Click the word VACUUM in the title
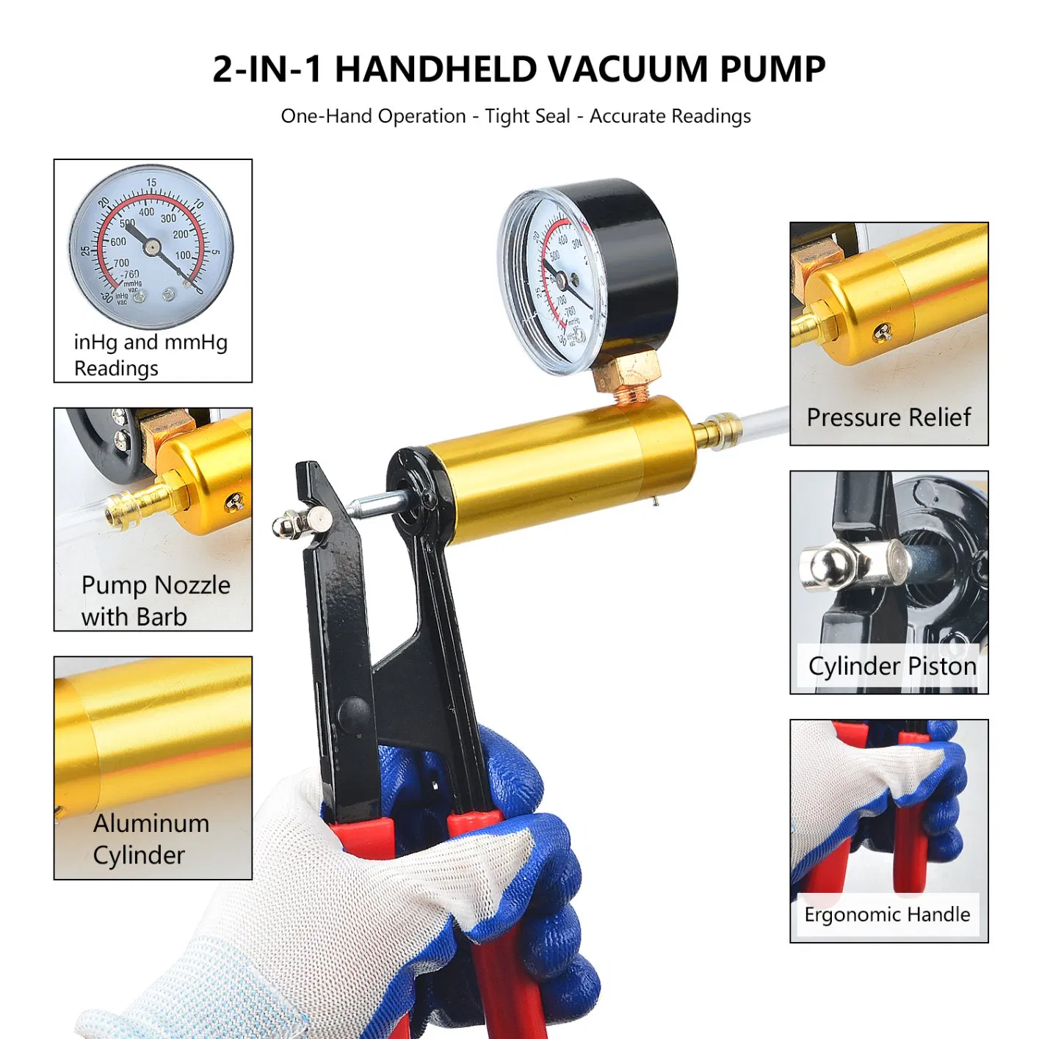coord(626,70)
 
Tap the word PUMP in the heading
coord(772,70)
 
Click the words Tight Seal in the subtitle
coord(527,116)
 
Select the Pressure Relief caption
coord(888,417)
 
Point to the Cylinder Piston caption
coord(892,666)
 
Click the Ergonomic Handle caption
coord(887,914)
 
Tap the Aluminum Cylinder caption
coord(151,839)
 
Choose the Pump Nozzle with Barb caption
coord(156,601)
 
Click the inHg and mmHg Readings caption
coord(151,355)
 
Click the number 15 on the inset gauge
coord(151,183)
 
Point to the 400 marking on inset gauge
coord(147,212)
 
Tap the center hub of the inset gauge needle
coord(152,247)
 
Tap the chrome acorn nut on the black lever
coord(283,526)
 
